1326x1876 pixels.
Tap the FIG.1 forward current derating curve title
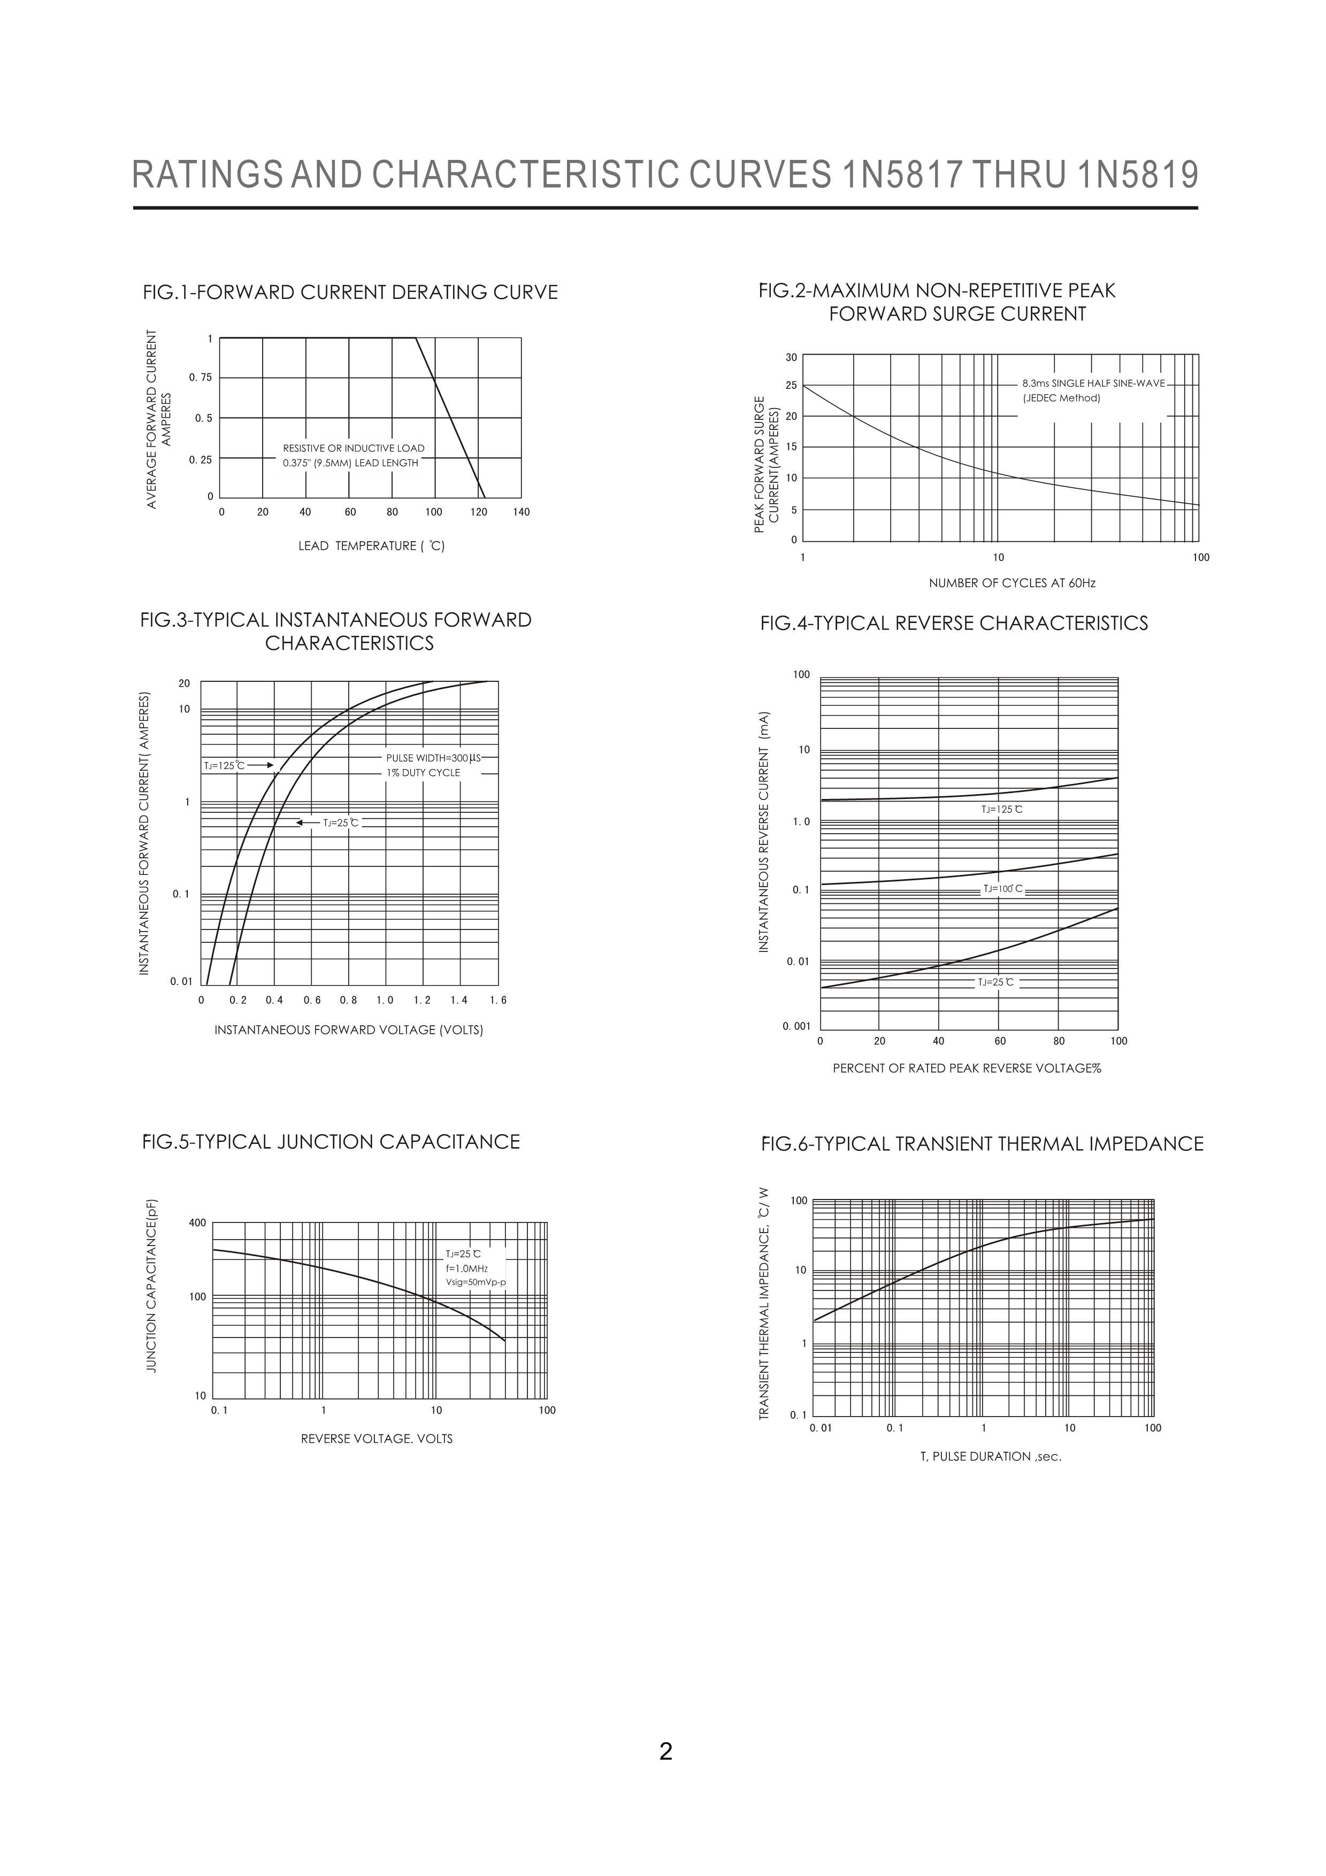tap(350, 293)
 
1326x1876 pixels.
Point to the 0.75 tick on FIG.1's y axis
tap(200, 378)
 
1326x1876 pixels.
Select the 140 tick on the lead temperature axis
tap(521, 512)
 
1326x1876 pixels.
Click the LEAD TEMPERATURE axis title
tap(371, 546)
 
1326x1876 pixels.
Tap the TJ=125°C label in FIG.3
tap(224, 766)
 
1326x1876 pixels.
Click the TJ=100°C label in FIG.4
tap(1002, 889)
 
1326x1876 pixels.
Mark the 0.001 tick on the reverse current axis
tap(796, 1025)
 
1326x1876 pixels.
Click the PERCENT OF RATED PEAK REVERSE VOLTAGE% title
tap(967, 1068)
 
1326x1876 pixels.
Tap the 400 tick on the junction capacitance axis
tap(198, 1223)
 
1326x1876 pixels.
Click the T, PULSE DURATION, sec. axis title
tap(990, 1456)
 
